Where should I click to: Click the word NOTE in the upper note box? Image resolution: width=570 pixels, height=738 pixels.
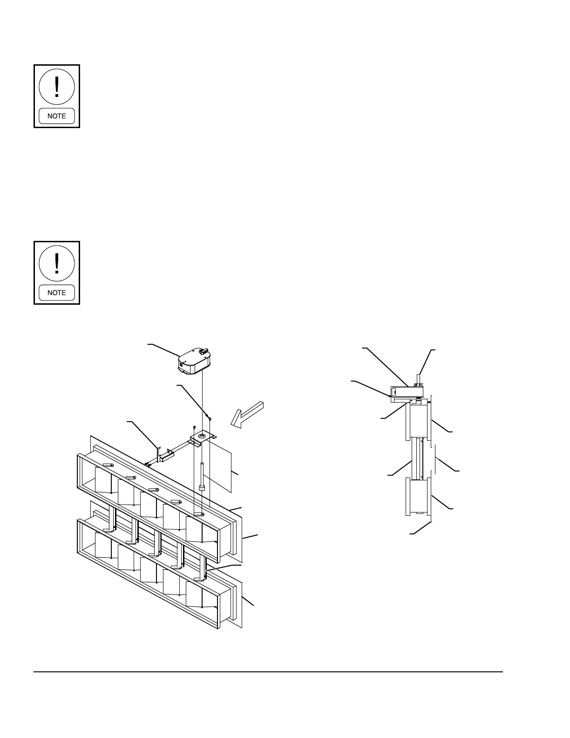click(56, 116)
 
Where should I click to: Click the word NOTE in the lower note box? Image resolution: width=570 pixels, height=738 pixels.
click(56, 293)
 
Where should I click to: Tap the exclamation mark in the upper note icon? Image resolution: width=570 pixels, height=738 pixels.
click(57, 87)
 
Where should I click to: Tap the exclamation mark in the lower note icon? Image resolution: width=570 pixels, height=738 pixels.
click(57, 264)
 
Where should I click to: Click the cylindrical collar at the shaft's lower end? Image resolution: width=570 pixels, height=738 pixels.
click(202, 488)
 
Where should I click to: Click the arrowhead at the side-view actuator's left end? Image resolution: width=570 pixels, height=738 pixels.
click(390, 396)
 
